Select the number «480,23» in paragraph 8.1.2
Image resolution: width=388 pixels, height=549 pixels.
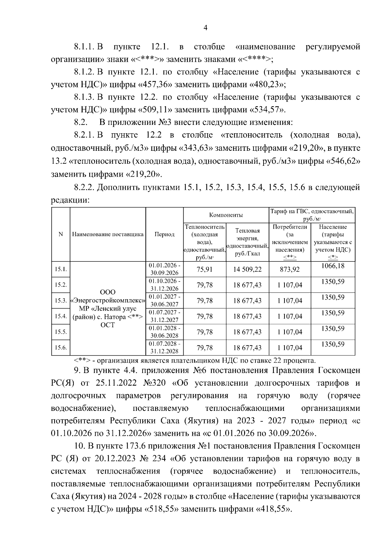[267, 85]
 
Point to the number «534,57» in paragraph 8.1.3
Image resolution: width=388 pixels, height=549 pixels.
[267, 110]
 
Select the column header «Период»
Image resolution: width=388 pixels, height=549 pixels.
[164, 235]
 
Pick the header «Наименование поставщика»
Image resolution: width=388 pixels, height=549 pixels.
[108, 235]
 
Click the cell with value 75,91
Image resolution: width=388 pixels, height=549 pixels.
[205, 269]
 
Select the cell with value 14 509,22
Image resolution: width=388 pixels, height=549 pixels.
[247, 269]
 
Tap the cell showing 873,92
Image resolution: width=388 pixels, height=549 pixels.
[290, 269]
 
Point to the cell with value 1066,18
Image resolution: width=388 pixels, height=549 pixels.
[333, 266]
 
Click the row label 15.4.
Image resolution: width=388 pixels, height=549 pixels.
[60, 316]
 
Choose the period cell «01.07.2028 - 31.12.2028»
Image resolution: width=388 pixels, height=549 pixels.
[164, 348]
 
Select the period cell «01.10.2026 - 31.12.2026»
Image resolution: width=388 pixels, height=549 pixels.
[164, 285]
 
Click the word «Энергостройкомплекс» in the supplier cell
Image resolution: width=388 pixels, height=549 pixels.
[108, 301]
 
